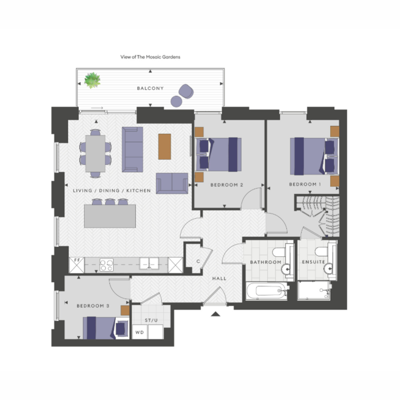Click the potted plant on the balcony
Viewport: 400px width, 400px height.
click(92, 80)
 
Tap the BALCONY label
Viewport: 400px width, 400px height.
click(150, 88)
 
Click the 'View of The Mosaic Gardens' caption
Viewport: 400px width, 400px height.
click(150, 57)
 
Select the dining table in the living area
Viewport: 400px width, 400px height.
click(95, 154)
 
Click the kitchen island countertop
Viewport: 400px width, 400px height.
click(110, 216)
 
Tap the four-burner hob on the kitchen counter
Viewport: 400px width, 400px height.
click(106, 265)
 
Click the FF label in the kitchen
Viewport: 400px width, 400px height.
click(77, 260)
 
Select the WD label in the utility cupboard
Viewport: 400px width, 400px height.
click(139, 332)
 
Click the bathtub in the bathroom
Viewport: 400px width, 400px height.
click(267, 291)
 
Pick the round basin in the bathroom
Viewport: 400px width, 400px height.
click(287, 269)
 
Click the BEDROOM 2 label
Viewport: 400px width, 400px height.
click(227, 185)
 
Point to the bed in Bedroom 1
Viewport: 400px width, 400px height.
click(314, 156)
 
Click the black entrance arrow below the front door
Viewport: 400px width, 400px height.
click(215, 314)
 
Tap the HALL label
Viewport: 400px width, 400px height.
click(219, 279)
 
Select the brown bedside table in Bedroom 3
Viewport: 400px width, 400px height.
click(125, 310)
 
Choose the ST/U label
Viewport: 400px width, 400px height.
click(151, 320)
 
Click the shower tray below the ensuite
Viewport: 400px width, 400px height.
click(313, 290)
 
